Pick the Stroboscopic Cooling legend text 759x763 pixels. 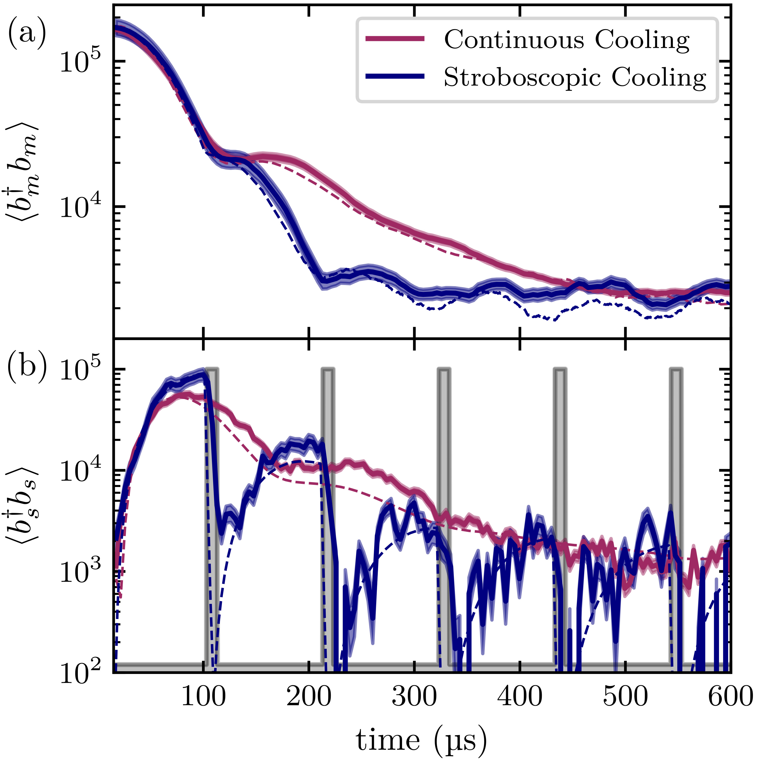pos(575,77)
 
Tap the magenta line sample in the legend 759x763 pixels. pos(395,38)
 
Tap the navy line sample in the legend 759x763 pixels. pos(395,76)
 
